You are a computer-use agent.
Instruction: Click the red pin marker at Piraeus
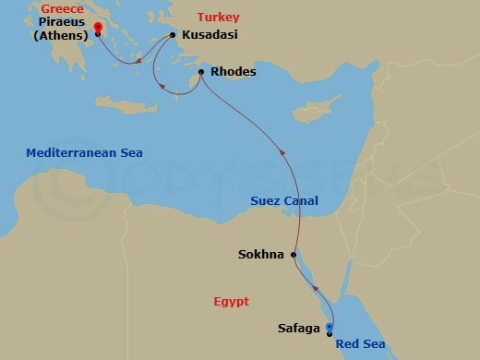[x=97, y=30]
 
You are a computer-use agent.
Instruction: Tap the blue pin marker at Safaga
[x=330, y=326]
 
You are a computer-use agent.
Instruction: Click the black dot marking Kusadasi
[x=173, y=36]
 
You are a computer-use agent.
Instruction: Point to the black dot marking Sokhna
[x=294, y=255]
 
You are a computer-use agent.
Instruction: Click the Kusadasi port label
[x=210, y=37]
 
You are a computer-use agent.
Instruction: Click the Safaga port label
[x=299, y=327]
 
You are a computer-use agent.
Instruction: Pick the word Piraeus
[x=63, y=25]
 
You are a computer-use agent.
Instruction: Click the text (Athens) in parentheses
[x=63, y=37]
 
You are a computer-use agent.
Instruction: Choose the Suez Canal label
[x=284, y=200]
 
